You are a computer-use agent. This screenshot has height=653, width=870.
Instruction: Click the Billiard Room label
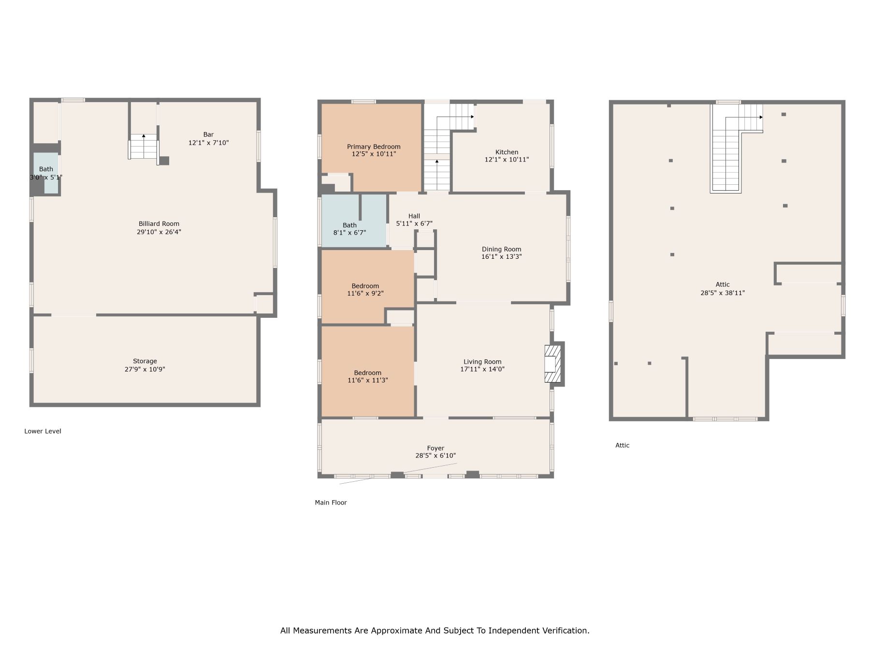click(159, 223)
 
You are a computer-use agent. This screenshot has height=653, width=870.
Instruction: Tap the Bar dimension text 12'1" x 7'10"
click(208, 143)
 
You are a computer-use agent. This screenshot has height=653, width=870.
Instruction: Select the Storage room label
click(145, 361)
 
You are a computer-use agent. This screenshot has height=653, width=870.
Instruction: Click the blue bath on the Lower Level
click(46, 173)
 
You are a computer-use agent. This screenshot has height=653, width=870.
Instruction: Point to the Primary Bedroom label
click(374, 147)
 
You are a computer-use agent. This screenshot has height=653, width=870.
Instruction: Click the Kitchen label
click(507, 152)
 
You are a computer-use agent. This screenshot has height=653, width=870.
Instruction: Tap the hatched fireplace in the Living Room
click(552, 364)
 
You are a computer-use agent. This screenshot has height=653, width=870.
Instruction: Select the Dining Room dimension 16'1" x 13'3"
click(501, 257)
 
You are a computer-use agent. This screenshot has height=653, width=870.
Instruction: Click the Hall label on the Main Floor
click(414, 216)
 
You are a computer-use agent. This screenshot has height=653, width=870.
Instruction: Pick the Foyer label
click(435, 448)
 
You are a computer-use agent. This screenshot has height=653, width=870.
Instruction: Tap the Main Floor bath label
click(349, 225)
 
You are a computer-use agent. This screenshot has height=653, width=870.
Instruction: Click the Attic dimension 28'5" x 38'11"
click(723, 293)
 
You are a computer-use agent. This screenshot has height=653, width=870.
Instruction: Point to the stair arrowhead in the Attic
click(761, 117)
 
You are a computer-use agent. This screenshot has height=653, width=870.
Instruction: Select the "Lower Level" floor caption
click(43, 431)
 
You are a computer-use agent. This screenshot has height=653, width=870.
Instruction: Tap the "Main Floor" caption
click(331, 503)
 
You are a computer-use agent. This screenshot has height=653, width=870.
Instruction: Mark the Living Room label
click(482, 361)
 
